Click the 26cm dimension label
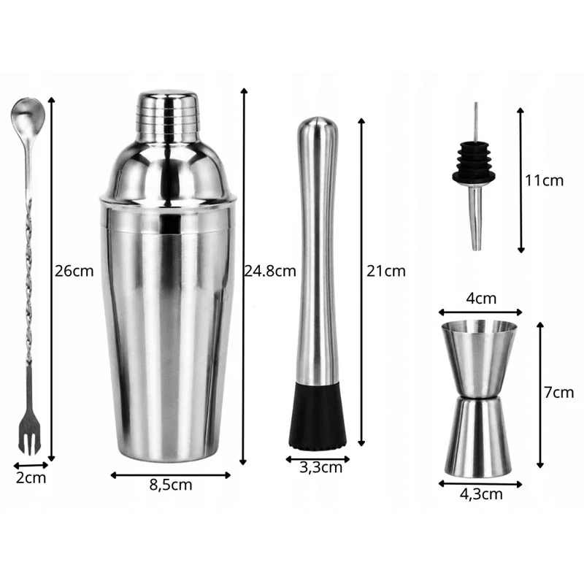74,271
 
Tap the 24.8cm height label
270,271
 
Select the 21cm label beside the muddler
386,271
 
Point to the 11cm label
544,180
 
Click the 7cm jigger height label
558,393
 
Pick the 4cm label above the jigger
481,299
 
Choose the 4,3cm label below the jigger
481,494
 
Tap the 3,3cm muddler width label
320,467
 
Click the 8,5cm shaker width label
171,485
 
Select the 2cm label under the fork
31,478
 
